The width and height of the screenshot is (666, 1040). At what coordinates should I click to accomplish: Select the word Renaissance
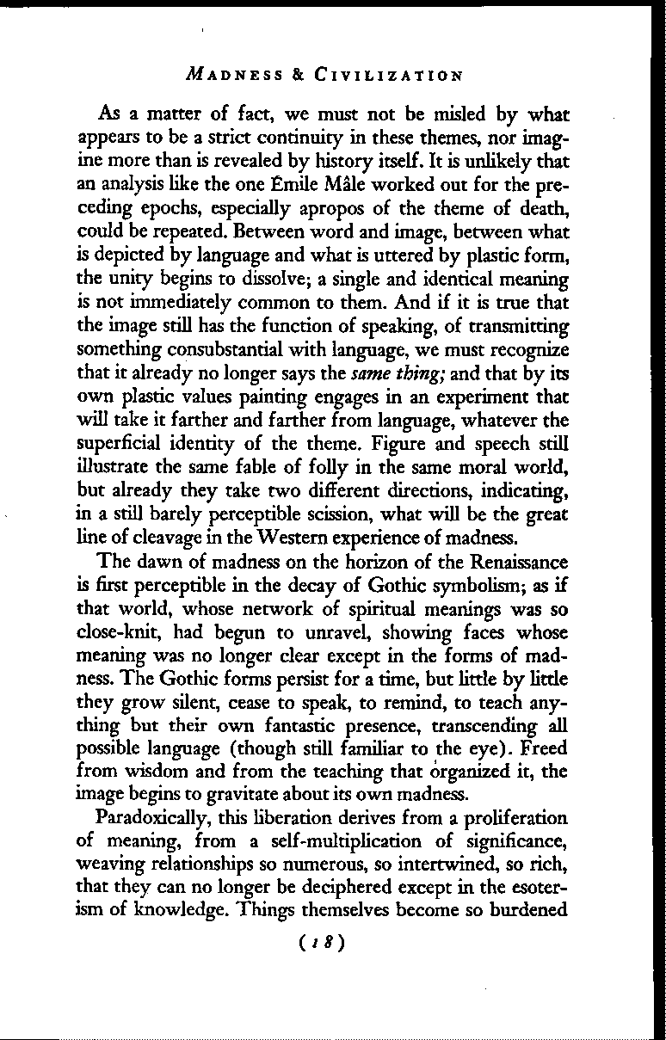point(514,563)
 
